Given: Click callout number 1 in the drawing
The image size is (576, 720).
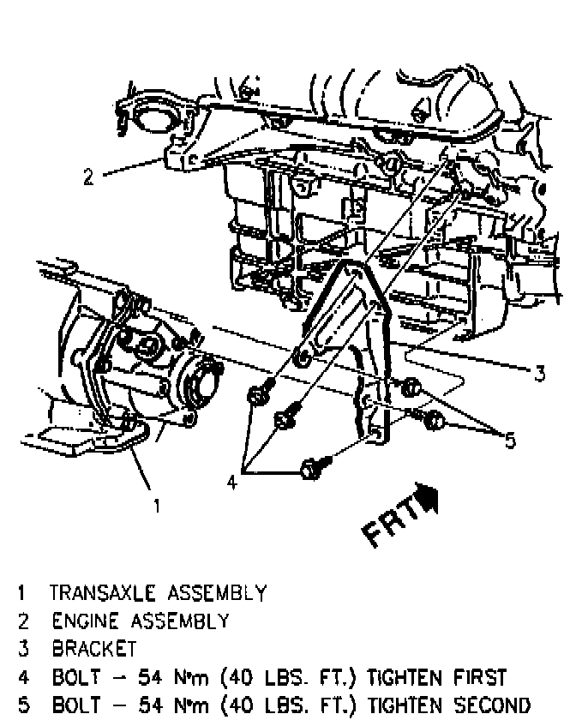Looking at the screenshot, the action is click(x=155, y=506).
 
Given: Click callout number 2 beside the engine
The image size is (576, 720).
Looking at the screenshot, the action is click(x=88, y=177).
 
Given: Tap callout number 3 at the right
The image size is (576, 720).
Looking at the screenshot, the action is click(x=540, y=374).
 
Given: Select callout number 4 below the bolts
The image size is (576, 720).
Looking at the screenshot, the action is click(x=231, y=483).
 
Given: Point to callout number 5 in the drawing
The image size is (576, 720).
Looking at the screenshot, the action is click(x=511, y=441).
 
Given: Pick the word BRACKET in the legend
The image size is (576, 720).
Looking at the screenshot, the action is click(x=93, y=648).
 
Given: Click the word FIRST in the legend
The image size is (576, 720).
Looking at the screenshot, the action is click(x=477, y=678).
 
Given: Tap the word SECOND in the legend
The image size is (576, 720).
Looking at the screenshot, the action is click(x=485, y=707).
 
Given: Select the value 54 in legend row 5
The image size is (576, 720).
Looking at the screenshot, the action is click(x=135, y=707).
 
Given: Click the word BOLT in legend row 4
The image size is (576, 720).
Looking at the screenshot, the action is click(x=73, y=678).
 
